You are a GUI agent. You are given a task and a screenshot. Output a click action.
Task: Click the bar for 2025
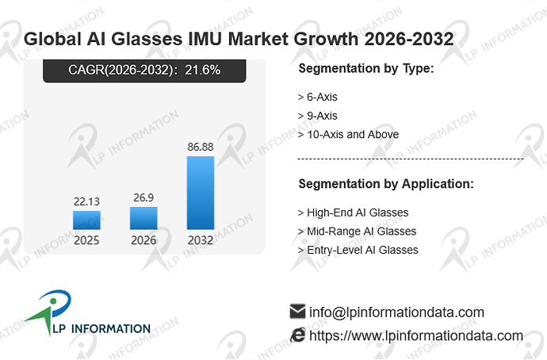(x=86, y=220)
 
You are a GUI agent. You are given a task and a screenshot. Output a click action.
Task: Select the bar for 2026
(x=143, y=218)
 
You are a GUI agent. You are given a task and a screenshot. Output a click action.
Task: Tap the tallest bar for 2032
(x=201, y=193)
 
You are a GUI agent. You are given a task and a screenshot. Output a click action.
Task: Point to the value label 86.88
(x=201, y=147)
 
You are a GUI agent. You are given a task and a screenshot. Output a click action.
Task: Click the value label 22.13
(x=86, y=201)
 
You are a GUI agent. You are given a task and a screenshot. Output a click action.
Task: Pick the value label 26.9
(x=143, y=197)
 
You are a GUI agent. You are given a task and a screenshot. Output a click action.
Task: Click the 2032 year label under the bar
(x=201, y=240)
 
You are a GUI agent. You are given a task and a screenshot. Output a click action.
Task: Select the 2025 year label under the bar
(x=86, y=240)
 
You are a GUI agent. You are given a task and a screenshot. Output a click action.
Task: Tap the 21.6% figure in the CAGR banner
(x=203, y=70)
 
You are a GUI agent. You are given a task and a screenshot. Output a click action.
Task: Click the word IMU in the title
(x=205, y=39)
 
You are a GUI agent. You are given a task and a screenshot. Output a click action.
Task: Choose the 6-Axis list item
(x=322, y=97)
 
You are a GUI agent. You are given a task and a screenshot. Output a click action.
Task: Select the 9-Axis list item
(x=322, y=116)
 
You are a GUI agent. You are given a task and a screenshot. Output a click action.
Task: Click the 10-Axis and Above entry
(x=353, y=135)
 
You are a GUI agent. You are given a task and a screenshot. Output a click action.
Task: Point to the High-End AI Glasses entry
(x=358, y=213)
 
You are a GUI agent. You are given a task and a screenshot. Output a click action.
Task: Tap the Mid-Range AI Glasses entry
(x=361, y=232)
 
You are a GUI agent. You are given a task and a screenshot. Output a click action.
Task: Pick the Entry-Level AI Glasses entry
(x=362, y=250)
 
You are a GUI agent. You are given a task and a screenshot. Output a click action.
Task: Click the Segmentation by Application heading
(x=386, y=184)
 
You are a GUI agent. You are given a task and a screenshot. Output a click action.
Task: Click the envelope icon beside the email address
(x=297, y=311)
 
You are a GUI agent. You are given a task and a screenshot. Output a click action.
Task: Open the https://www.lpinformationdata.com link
(x=416, y=335)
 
